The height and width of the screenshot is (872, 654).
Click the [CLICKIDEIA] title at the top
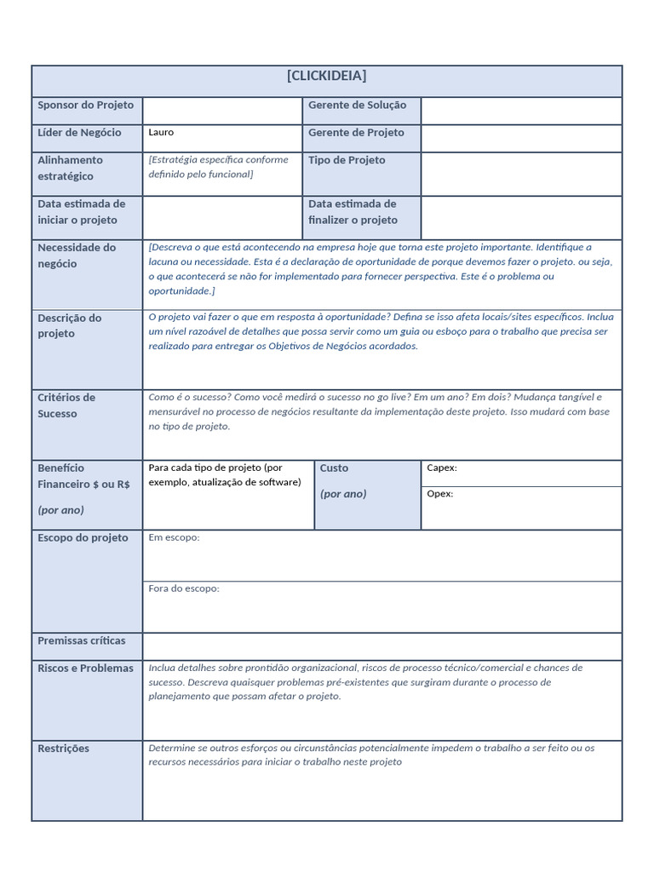(327, 76)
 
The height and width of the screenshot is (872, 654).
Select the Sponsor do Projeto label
(85, 106)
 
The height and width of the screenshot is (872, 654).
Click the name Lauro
(161, 133)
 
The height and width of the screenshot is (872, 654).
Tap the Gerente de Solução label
(357, 106)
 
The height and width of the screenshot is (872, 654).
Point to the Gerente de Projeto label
(356, 133)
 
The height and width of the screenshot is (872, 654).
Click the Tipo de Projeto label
(347, 160)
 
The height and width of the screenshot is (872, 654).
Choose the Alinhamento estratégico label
(70, 168)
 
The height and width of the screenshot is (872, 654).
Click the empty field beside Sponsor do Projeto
(222, 111)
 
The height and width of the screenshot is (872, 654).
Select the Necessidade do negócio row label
(77, 255)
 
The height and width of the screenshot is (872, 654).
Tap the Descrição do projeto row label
(69, 325)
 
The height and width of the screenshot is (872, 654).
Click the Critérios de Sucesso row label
(66, 405)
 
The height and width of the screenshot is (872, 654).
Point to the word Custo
(334, 468)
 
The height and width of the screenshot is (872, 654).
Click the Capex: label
(441, 468)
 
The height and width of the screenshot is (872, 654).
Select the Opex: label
(439, 494)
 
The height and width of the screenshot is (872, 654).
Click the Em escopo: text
(174, 538)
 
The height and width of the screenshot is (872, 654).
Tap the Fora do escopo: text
(183, 588)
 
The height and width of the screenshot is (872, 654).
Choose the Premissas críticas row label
(81, 640)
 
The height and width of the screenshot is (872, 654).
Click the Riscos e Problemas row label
(85, 668)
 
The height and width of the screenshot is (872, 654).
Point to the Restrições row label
(63, 749)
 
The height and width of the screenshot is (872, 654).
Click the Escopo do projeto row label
(83, 538)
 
